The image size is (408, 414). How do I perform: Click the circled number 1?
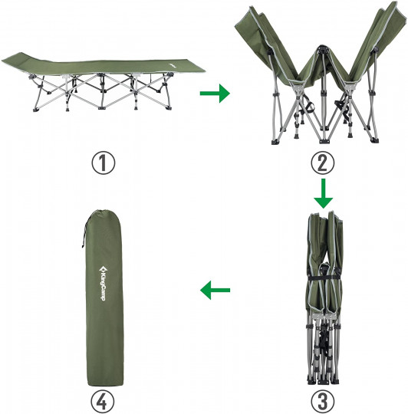104,163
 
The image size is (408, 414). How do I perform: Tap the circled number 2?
322,163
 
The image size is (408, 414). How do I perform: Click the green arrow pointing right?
215,94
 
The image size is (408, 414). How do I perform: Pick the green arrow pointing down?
323,193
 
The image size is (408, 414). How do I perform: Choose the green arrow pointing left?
215,290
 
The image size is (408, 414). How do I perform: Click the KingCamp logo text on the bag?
103,284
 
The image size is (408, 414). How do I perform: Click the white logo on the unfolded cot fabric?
173,65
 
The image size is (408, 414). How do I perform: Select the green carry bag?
104,297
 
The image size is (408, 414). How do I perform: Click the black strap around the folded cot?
325,278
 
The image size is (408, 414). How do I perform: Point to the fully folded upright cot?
324,297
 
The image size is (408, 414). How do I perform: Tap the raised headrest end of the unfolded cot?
16,59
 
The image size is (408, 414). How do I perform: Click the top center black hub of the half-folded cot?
322,49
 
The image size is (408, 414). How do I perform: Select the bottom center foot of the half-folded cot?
323,141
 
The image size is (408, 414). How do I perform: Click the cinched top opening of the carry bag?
98,212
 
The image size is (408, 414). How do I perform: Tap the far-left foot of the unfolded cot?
35,109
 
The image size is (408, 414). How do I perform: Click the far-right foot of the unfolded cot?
169,108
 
